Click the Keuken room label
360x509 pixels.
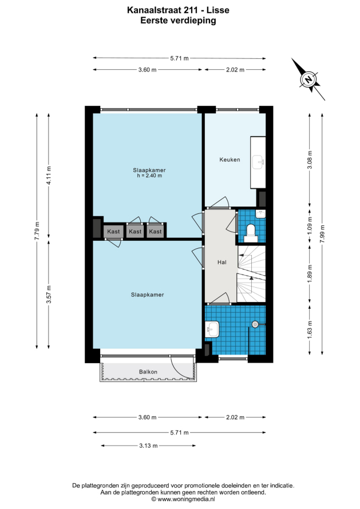(230, 160)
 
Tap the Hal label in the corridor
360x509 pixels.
(222, 262)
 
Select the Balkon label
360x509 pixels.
(148, 372)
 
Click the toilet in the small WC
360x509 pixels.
(251, 233)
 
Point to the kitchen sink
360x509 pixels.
(258, 161)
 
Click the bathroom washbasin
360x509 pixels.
(212, 329)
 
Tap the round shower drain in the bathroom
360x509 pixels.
(255, 324)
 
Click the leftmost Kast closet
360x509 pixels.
(113, 232)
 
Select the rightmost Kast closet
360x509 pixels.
(155, 232)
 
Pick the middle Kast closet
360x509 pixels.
(135, 232)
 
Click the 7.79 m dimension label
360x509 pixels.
(37, 230)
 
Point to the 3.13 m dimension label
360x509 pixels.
(148, 446)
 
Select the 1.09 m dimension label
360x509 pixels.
(310, 225)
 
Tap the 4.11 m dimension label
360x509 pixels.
(49, 176)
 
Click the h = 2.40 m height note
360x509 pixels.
(149, 176)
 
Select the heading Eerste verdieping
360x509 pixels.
(178, 21)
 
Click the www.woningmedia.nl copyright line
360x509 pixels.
(183, 499)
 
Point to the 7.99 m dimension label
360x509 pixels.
(322, 234)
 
